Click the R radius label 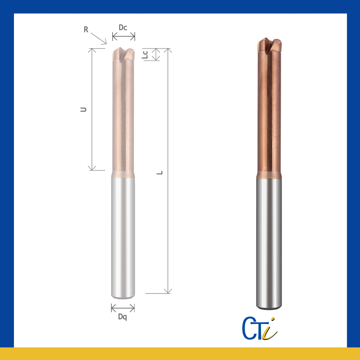coord(86,30)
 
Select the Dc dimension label coord(123,27)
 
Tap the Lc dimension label coord(145,54)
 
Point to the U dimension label coord(84,109)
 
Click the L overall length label coord(160,173)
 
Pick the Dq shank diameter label coord(122,317)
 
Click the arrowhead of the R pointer coord(105,42)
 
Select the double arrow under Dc coord(123,36)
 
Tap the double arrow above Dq coord(123,308)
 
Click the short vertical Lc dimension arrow coord(156,54)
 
